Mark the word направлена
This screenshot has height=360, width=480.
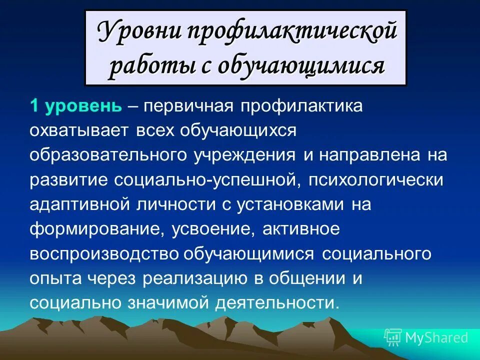(374, 155)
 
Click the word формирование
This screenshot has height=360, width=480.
(97, 228)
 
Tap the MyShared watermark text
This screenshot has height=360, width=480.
(436, 337)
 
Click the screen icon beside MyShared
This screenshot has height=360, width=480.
(393, 337)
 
